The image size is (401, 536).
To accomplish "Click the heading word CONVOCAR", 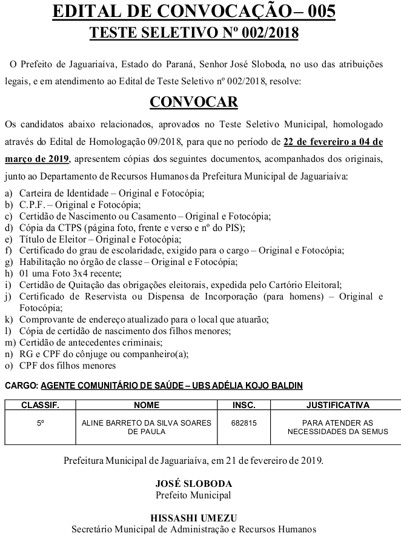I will (193, 101).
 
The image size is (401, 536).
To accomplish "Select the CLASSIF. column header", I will (40, 405).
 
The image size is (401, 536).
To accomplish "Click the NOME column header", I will (146, 405).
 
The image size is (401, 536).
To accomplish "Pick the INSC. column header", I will (244, 405).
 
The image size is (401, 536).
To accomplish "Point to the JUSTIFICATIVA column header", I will (338, 405).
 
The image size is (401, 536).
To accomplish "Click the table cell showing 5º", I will (40, 422).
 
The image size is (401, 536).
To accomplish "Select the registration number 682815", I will (244, 422).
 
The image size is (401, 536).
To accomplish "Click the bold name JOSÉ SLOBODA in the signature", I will (193, 484).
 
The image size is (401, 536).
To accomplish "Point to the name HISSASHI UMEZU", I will (193, 518).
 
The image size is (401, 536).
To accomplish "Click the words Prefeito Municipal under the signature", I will (193, 495).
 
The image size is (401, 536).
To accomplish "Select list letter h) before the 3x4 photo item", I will (8, 273).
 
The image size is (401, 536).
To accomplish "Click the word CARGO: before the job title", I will (21, 385).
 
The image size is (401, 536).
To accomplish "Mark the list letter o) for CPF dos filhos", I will (8, 365).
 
